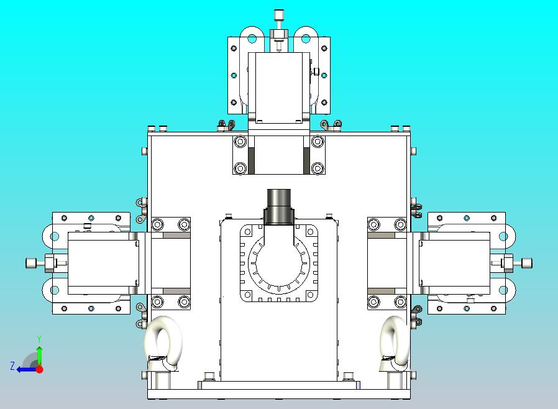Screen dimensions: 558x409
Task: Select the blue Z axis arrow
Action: tap(27, 369)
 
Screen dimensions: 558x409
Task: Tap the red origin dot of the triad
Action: tap(40, 369)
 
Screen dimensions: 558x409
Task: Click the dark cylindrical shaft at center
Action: tap(279, 207)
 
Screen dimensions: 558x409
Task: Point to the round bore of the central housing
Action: tap(279, 264)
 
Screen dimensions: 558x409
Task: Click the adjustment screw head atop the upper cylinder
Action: tap(278, 15)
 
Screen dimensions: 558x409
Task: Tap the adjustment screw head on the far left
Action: tap(31, 263)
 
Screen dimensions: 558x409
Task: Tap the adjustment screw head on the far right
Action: tap(527, 264)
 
